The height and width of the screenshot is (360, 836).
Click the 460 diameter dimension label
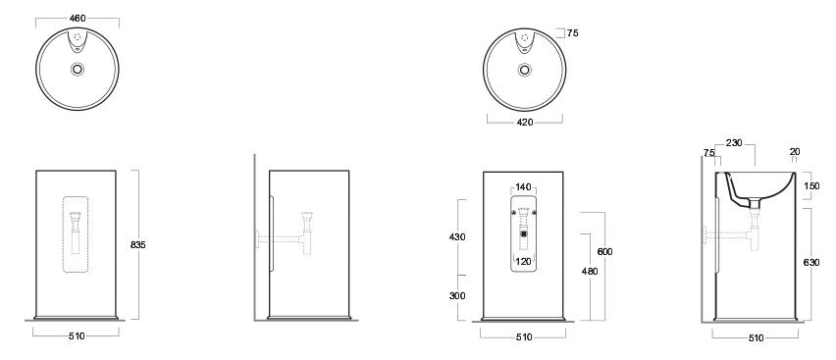point(78,18)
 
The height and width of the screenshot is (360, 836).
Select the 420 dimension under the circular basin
point(525,123)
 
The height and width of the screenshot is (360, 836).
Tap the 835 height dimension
point(137,245)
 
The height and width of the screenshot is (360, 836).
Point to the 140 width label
point(523,187)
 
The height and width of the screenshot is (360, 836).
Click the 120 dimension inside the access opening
point(523,261)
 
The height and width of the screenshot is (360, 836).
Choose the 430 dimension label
point(457,237)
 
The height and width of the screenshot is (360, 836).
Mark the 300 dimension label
point(457,296)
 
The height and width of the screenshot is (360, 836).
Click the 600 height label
point(604,252)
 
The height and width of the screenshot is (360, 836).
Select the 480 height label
point(590,272)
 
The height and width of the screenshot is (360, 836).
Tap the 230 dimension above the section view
point(734,143)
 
